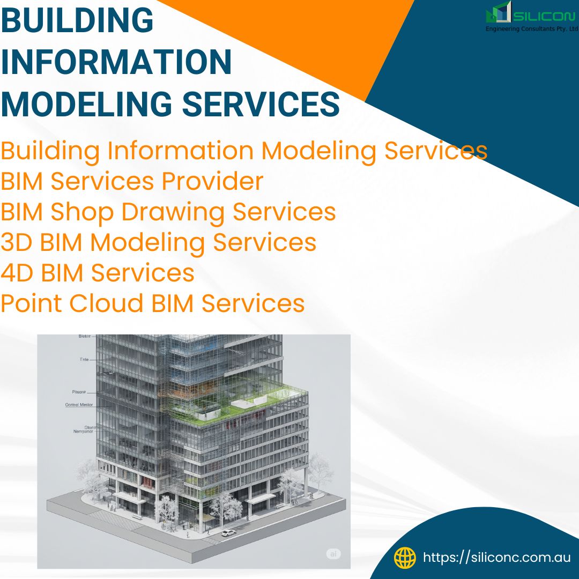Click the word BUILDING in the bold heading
pos(77,21)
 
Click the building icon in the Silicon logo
pos(499,13)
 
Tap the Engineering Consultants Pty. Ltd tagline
pos(531,29)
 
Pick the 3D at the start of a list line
pos(17,242)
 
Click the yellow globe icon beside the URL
pos(405,558)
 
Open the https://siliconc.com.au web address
pos(496,558)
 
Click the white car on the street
pos(228,533)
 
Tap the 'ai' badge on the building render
pos(333,554)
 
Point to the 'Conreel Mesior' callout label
pos(79,405)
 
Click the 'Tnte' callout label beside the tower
pos(84,360)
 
